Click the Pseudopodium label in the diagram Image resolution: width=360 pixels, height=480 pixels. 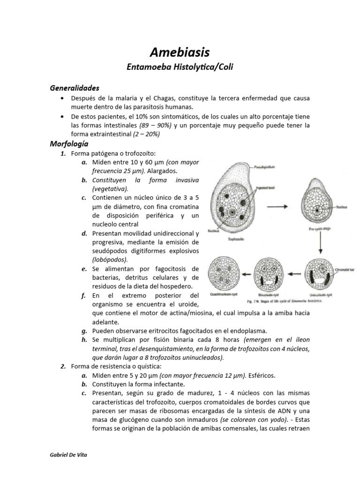point(267,166)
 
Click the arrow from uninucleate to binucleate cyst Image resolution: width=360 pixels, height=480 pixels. point(294,274)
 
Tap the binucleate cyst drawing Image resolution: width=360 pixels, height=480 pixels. point(269,274)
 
